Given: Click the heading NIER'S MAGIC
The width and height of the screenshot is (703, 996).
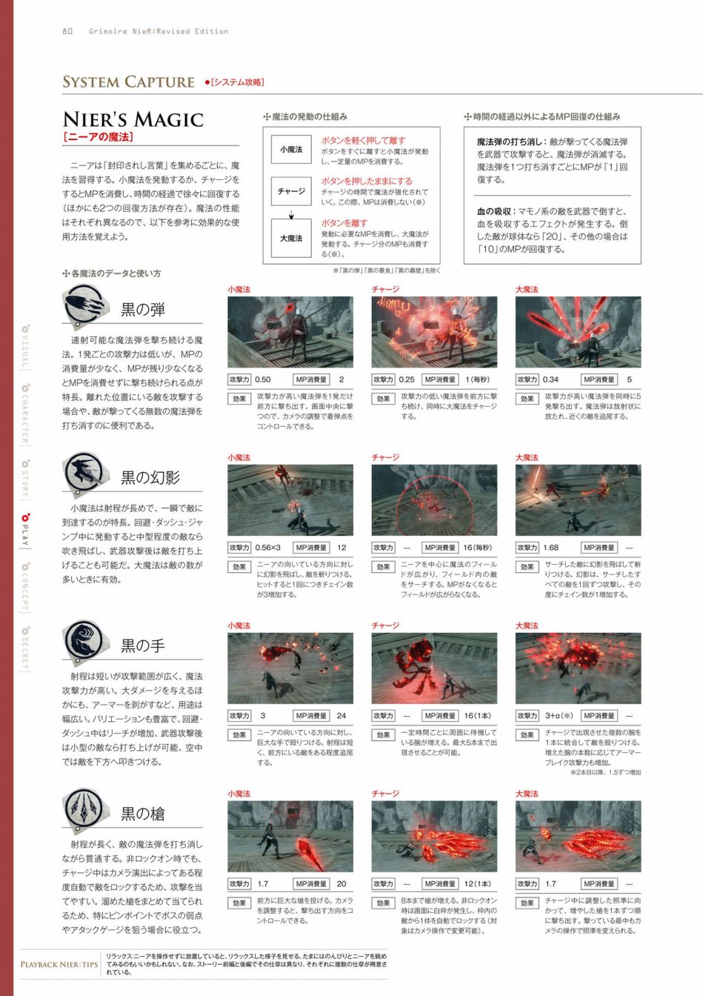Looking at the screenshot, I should click(x=133, y=119).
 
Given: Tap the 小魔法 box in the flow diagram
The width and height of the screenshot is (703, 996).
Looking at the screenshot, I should click(x=291, y=150).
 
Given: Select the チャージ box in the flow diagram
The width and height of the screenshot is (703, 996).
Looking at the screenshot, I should click(x=291, y=191).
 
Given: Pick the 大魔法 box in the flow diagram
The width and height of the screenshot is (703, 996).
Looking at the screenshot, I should click(x=291, y=238).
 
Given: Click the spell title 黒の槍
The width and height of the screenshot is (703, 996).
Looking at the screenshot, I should click(x=143, y=814).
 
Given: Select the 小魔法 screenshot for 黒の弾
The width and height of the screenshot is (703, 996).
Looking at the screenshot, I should click(x=290, y=332).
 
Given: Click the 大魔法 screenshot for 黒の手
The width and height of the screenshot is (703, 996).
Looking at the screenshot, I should click(x=578, y=668).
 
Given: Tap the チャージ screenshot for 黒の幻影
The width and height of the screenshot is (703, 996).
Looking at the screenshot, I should click(x=434, y=500).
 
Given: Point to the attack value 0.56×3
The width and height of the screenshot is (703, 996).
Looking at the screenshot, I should click(x=268, y=548).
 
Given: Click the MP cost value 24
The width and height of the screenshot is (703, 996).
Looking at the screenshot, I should click(x=341, y=716).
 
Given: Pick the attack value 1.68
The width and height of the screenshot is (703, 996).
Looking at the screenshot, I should click(x=551, y=548).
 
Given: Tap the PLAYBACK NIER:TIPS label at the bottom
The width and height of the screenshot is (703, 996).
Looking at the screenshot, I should click(x=59, y=964).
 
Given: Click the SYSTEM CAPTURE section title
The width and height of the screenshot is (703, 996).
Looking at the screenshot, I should click(x=128, y=82).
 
